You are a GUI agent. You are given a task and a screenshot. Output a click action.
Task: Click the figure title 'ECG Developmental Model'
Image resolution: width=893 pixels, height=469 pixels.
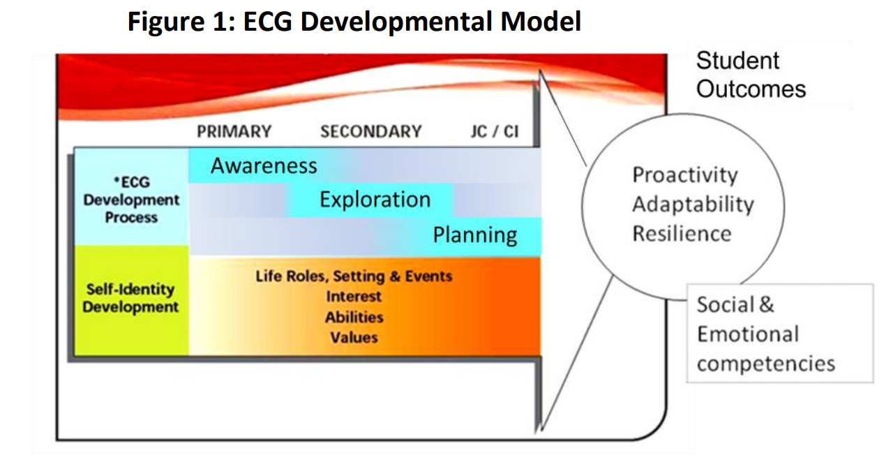(412, 22)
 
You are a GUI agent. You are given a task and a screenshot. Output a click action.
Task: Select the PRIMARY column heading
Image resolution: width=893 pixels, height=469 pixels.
(234, 132)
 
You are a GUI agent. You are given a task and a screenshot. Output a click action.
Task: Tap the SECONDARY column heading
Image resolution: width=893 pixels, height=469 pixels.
(370, 132)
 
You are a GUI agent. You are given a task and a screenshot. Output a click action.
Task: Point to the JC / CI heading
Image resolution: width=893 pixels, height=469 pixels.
(495, 132)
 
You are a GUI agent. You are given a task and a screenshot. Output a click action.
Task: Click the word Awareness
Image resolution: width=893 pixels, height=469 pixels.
(264, 165)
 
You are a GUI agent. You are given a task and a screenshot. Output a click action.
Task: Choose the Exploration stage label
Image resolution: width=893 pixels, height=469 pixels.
(375, 200)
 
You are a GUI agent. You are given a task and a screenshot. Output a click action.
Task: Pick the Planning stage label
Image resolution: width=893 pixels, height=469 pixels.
(475, 234)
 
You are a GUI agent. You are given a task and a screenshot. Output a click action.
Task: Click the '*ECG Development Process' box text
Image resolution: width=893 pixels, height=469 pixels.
(131, 200)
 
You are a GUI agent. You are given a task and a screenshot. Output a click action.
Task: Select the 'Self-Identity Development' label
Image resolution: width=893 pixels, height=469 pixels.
(130, 298)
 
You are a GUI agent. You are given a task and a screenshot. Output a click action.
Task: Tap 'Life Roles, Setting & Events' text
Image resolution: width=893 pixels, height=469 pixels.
(354, 276)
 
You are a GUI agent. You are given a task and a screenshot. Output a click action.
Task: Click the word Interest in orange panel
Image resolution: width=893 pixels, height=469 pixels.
(354, 297)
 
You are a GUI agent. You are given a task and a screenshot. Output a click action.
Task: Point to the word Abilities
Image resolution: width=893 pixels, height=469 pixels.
(354, 317)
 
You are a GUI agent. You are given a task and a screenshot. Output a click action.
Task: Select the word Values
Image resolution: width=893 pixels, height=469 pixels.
(354, 337)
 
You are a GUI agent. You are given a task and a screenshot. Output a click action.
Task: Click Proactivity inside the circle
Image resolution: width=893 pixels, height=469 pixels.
(685, 175)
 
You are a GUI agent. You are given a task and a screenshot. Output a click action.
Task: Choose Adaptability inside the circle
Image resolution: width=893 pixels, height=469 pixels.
(693, 204)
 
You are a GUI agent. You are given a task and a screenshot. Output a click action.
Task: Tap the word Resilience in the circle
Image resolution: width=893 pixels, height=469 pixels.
(682, 234)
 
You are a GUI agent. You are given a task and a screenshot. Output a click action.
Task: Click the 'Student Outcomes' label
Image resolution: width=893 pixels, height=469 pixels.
(751, 75)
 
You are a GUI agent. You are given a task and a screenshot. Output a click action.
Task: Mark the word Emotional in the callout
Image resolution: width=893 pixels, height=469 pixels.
(748, 334)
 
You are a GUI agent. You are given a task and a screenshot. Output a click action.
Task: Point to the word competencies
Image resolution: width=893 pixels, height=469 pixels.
(766, 364)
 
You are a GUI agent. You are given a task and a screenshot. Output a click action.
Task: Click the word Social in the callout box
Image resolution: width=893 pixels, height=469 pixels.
(726, 305)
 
